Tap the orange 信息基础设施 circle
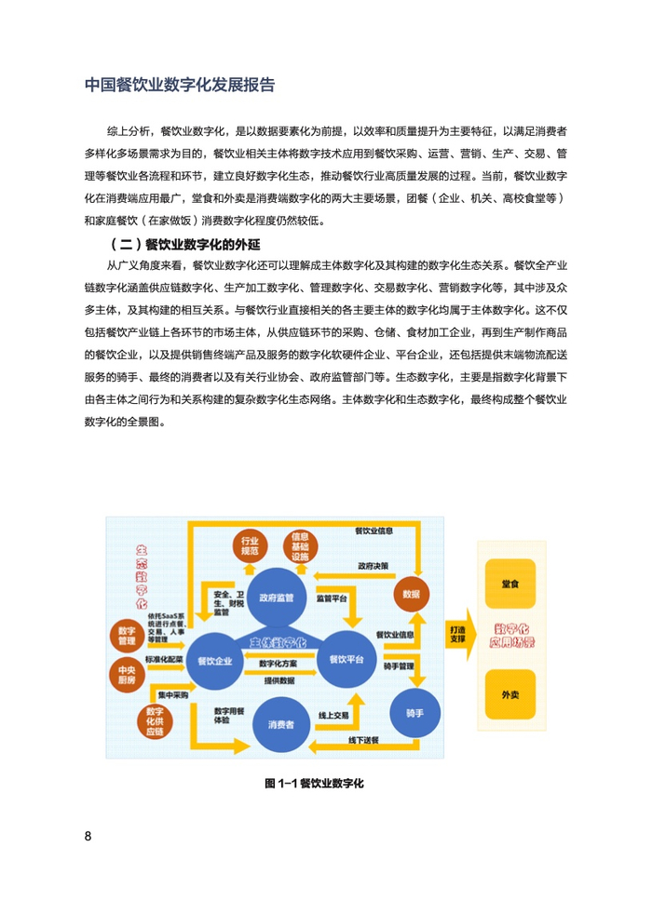(300, 547)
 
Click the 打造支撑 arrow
(457, 635)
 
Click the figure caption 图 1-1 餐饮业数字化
(314, 783)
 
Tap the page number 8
(88, 835)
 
